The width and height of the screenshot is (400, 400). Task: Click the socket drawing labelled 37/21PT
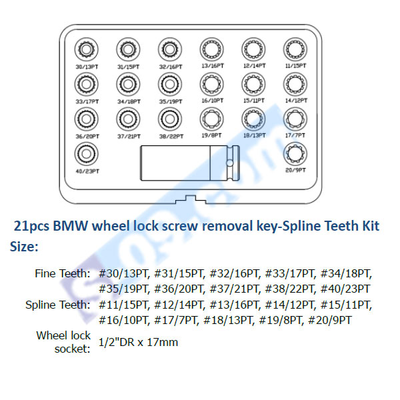128,119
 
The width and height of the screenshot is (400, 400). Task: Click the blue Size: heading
25,246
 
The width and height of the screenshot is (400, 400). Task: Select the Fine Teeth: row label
62,274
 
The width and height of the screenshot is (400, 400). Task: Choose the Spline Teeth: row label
58,305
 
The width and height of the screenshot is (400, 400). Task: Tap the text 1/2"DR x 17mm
139,342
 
